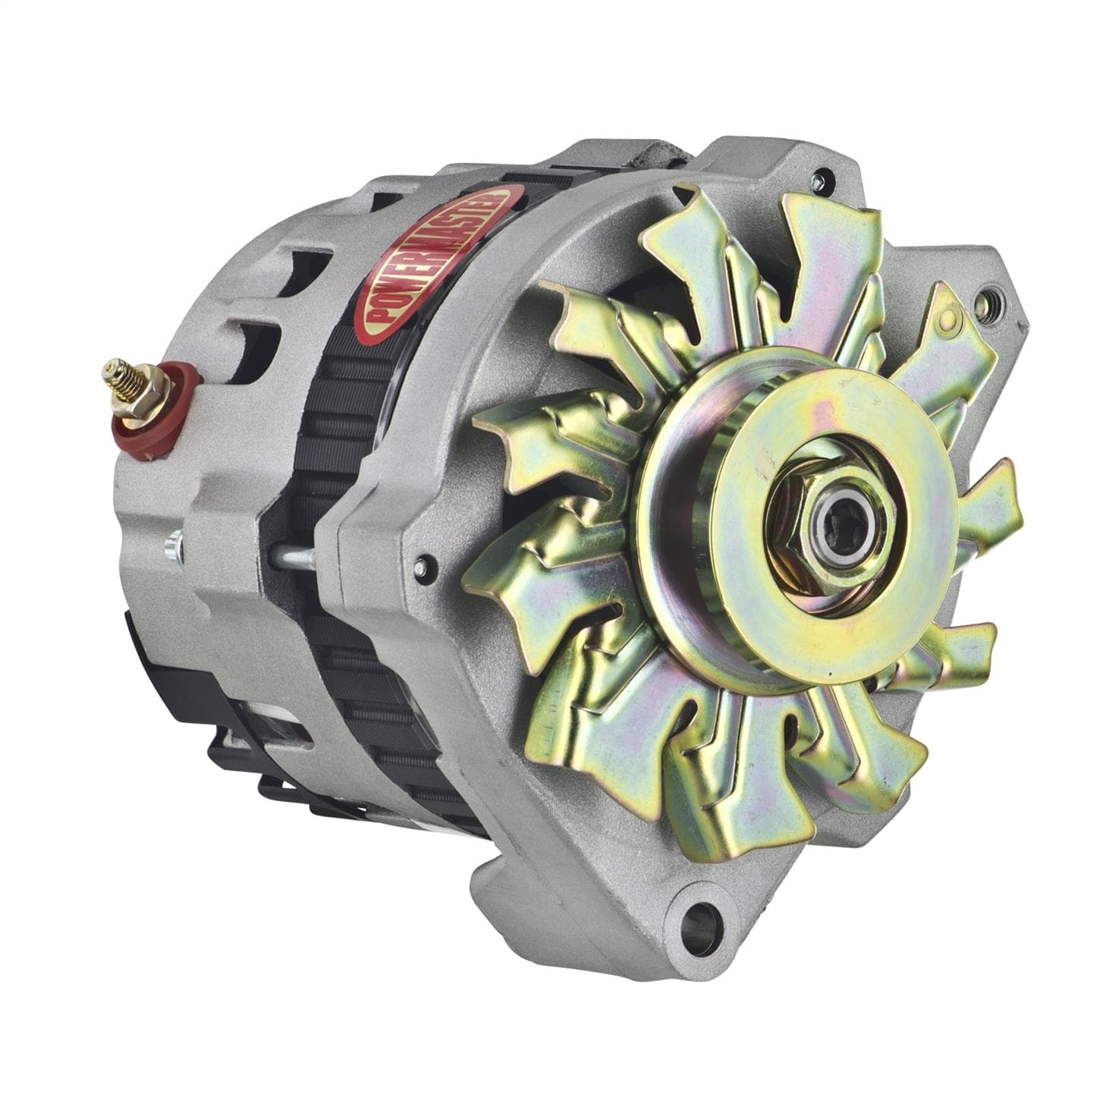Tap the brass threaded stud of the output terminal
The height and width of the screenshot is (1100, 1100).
pyautogui.click(x=118, y=376)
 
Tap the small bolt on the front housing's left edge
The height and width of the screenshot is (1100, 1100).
pyautogui.click(x=423, y=566)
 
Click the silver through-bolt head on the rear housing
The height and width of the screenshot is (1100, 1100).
pyautogui.click(x=174, y=544)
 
